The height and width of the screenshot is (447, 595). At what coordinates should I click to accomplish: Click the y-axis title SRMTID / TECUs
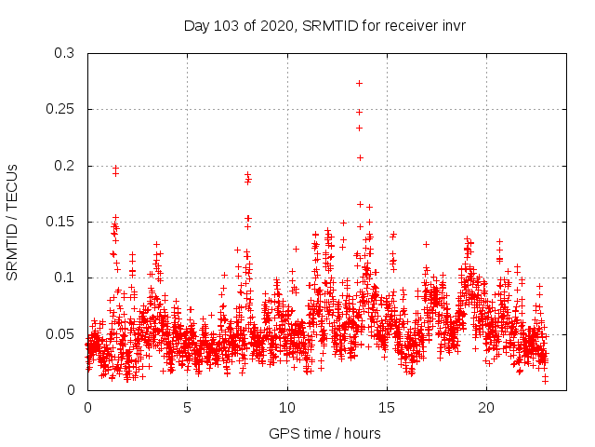pos(13,222)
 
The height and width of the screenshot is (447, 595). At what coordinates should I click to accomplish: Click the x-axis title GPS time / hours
pos(324,433)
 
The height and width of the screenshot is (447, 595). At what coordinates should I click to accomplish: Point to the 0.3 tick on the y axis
pos(64,54)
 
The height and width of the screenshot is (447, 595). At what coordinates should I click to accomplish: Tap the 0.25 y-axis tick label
pos(60,110)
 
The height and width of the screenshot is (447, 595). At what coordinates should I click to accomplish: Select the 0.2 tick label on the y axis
pos(64,166)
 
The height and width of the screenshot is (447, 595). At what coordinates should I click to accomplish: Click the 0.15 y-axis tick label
pos(60,222)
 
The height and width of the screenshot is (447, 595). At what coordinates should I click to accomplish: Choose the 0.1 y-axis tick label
pos(64,278)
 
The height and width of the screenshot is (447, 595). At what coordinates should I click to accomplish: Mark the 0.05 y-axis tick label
pos(60,333)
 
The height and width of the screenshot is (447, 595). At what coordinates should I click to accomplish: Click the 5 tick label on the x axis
pos(187,408)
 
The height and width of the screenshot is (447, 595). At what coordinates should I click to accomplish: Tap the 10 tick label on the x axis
pos(286,408)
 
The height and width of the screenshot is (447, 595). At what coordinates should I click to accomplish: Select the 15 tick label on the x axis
pos(386,408)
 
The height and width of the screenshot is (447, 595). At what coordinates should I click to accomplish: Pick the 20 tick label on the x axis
pos(485,408)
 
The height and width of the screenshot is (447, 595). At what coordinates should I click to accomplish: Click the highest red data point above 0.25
pos(359,83)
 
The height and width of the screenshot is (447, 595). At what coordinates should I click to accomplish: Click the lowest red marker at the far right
pos(546,380)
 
